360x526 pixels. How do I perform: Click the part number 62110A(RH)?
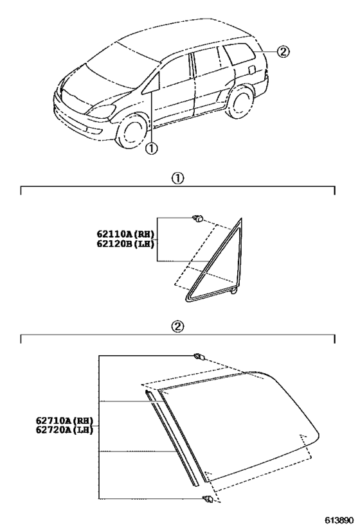point(125,234)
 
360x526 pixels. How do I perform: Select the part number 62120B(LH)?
point(125,243)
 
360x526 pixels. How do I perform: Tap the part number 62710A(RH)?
point(64,420)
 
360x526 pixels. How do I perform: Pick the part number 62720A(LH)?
point(64,430)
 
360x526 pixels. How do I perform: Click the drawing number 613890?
point(339,520)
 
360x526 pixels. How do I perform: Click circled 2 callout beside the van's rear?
point(283,51)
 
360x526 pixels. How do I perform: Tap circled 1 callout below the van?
point(152,148)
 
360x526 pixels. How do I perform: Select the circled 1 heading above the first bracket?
point(177,178)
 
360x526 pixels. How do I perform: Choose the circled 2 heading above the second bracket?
point(177,326)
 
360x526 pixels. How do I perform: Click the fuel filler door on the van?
point(251,69)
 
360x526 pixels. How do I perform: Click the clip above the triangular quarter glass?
point(198,219)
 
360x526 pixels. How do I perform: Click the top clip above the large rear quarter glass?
point(199,356)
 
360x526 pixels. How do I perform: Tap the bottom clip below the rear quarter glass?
point(208,500)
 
